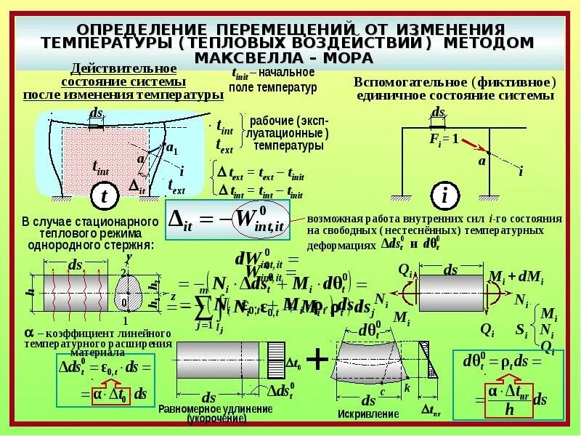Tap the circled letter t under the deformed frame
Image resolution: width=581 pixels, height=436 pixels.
pyautogui.click(x=105, y=196)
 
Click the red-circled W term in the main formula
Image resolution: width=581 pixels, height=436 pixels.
pyautogui.click(x=258, y=219)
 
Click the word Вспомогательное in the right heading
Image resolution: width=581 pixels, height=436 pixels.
pyautogui.click(x=413, y=81)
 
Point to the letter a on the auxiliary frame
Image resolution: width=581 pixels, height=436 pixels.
pyautogui.click(x=481, y=161)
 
